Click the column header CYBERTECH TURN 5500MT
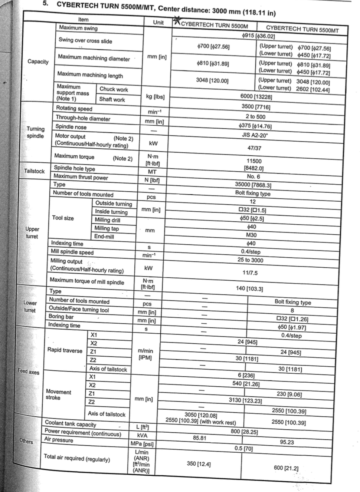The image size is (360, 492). click(x=302, y=29)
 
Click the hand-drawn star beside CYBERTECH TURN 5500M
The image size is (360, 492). click(x=177, y=21)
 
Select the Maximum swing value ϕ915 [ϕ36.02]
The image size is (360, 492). click(x=258, y=36)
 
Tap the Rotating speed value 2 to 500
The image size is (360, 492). click(x=256, y=116)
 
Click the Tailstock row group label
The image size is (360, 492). click(x=34, y=171)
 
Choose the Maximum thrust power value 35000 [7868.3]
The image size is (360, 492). click(x=253, y=185)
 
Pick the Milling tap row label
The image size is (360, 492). click(x=107, y=228)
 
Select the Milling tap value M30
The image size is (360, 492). click(x=251, y=235)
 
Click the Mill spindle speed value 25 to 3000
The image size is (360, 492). click(x=250, y=260)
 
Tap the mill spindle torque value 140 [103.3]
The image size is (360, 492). click(x=249, y=288)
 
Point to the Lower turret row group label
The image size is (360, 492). click(x=30, y=306)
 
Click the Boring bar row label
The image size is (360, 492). click(x=61, y=317)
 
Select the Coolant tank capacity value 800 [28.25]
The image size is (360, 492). click(x=244, y=432)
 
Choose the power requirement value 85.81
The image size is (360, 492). click(x=199, y=438)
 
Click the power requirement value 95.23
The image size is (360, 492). click(x=287, y=442)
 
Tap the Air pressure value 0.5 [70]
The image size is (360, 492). click(x=243, y=448)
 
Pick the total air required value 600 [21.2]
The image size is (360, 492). click(x=286, y=468)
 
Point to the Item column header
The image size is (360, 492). click(x=83, y=20)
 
